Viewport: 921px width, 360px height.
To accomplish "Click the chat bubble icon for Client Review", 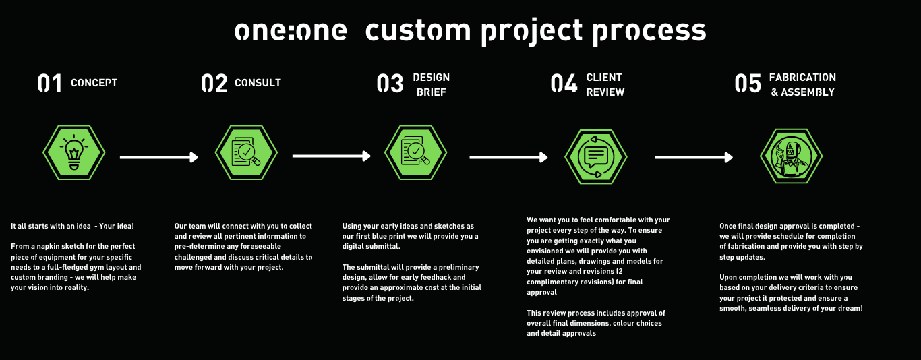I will pyautogui.click(x=595, y=156).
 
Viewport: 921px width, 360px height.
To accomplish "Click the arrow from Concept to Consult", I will pyautogui.click(x=158, y=157).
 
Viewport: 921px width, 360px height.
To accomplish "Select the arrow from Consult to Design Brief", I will pyautogui.click(x=331, y=156).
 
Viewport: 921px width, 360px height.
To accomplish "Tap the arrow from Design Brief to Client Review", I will pyautogui.click(x=508, y=157).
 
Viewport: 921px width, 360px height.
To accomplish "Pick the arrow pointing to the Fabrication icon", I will pyautogui.click(x=693, y=157).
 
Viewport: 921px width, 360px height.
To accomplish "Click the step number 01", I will pyautogui.click(x=49, y=84).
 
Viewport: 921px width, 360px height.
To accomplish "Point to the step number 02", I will pyautogui.click(x=214, y=84).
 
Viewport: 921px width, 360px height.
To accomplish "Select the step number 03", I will pyautogui.click(x=390, y=84).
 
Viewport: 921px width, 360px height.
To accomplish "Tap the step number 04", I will pyautogui.click(x=564, y=84).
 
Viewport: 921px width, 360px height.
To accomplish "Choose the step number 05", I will pyautogui.click(x=748, y=84).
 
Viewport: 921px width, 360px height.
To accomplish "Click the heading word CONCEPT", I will pyautogui.click(x=94, y=83).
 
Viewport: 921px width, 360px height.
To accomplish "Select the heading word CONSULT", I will pyautogui.click(x=258, y=83).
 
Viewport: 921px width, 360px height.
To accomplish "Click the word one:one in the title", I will pyautogui.click(x=291, y=32).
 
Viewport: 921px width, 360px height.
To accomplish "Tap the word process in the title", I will pyautogui.click(x=649, y=32).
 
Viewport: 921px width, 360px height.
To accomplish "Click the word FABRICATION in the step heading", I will pyautogui.click(x=802, y=78).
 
